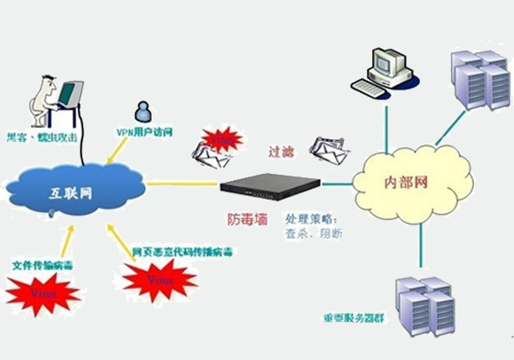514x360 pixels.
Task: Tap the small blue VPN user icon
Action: coord(141,110)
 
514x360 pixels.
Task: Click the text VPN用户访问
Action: coord(144,132)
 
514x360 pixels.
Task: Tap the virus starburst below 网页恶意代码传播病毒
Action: coord(160,279)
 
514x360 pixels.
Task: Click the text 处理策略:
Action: coord(310,216)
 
